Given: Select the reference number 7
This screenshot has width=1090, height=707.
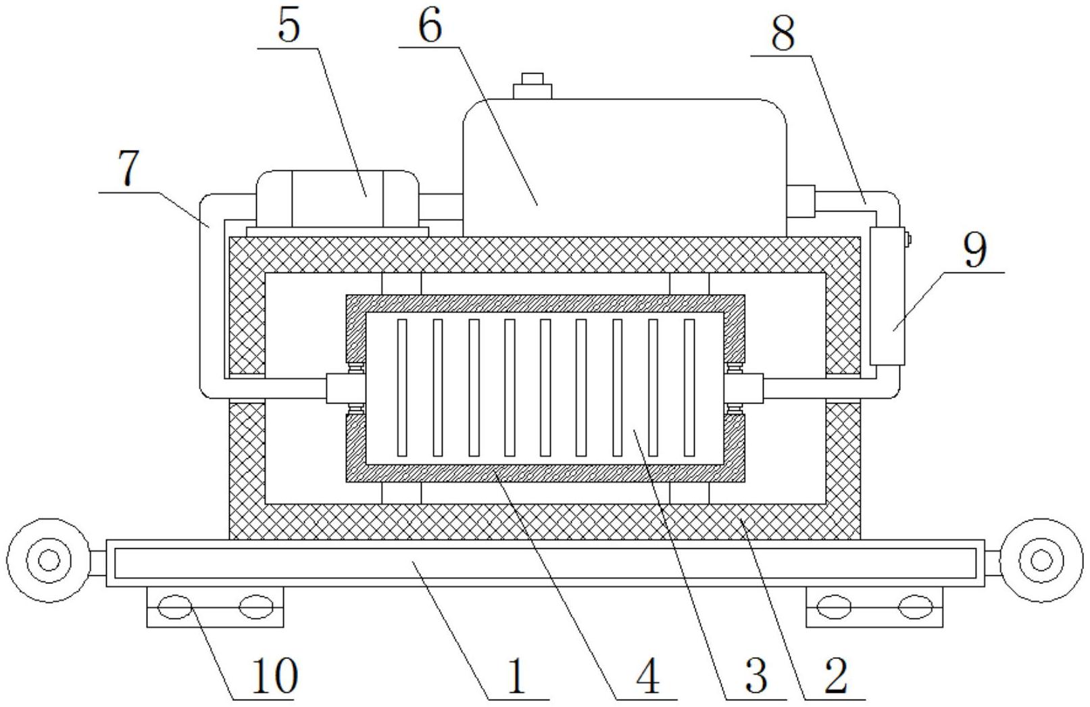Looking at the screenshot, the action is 129,168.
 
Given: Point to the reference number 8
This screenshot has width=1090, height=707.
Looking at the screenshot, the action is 783,32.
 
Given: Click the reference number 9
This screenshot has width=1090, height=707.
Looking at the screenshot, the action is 976,250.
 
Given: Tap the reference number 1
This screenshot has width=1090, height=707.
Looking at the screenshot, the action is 516,677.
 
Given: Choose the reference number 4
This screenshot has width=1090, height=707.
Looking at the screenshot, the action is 647,677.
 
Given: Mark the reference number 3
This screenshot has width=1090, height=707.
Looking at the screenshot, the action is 757,677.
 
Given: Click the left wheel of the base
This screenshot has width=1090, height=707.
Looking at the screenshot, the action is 49,560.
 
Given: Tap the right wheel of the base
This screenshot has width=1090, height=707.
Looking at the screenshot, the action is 1041,560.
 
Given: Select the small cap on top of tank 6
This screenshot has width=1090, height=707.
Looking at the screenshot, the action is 532,86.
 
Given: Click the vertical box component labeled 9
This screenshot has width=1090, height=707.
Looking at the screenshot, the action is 887,296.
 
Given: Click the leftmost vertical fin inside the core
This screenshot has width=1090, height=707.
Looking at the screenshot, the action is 402,388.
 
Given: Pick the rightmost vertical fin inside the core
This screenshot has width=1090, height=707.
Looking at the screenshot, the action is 689,388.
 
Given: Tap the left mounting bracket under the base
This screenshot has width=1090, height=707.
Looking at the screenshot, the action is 215,607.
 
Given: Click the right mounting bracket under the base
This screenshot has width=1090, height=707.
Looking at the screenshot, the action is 874,607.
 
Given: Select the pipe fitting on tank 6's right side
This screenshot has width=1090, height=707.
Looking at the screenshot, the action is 801,201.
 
